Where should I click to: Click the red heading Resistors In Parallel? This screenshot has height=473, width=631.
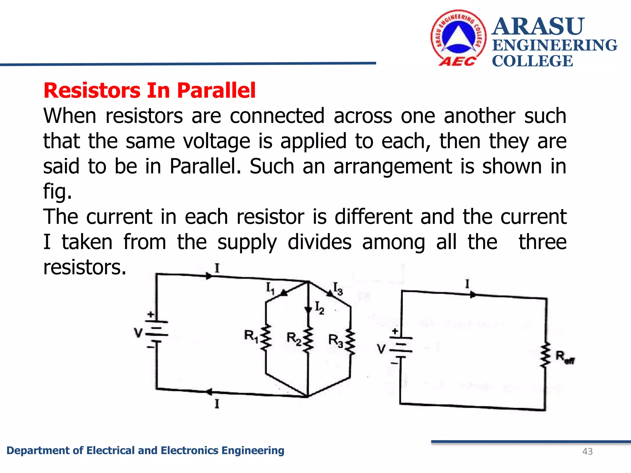(149, 91)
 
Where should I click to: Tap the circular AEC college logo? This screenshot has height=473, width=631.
(458, 38)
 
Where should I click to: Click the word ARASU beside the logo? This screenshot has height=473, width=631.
(538, 26)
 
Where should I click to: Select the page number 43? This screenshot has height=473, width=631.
(588, 451)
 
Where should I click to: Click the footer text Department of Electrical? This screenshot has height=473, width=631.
(145, 451)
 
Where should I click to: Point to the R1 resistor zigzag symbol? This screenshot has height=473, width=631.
(266, 337)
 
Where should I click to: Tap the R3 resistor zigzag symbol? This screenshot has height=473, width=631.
(350, 342)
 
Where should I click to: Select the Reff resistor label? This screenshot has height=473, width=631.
(565, 358)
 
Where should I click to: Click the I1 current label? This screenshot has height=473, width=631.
(270, 289)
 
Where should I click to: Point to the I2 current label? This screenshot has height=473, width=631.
(320, 308)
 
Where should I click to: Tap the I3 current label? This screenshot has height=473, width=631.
(338, 289)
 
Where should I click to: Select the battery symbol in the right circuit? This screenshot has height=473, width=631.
(401, 348)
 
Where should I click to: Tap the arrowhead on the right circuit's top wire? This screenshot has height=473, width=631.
(473, 295)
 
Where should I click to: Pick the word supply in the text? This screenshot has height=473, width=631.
(247, 242)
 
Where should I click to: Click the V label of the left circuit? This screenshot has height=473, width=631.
(138, 333)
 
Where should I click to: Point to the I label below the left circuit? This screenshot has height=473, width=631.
(217, 404)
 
